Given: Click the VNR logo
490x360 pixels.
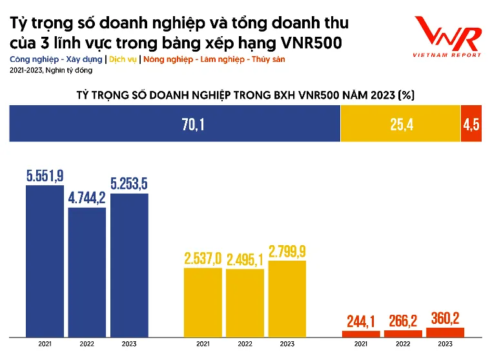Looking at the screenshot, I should (x=447, y=36).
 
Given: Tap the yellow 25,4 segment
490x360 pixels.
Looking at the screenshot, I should (x=400, y=125).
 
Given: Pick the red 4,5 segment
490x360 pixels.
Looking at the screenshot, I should (x=471, y=125).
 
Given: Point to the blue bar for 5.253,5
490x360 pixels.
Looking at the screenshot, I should (x=129, y=265).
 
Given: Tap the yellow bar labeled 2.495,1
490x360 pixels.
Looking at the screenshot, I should (x=245, y=303).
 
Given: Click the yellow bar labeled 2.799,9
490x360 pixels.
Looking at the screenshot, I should (x=287, y=298).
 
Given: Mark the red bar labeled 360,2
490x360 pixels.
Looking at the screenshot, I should (x=445, y=332).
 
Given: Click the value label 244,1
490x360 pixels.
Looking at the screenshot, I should (x=360, y=321).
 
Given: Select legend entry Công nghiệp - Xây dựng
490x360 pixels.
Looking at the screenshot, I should (x=56, y=59).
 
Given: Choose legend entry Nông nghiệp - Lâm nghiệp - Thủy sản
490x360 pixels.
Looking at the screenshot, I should (x=214, y=59).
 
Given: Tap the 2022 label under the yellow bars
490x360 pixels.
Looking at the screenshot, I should (x=245, y=345).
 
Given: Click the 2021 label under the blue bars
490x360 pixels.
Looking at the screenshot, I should (x=45, y=345).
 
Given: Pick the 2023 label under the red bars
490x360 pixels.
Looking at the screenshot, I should (x=445, y=345).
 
